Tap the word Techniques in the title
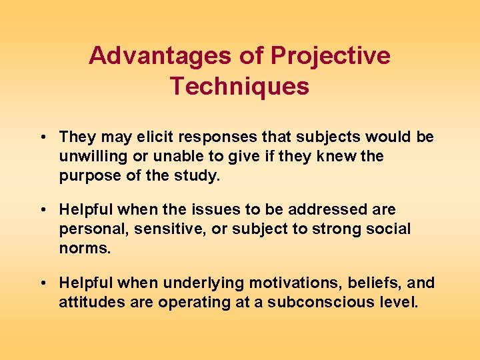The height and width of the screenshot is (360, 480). click(x=239, y=87)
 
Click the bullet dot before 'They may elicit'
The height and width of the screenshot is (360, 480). click(x=42, y=137)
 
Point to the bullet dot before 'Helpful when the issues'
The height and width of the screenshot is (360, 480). click(x=42, y=210)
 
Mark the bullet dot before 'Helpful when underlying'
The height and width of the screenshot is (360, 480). click(x=42, y=283)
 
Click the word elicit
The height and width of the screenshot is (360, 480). click(x=160, y=137)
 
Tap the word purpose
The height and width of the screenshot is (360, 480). click(x=86, y=175)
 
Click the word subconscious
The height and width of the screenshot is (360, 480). click(x=311, y=302)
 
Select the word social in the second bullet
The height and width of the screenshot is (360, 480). click(x=390, y=229)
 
